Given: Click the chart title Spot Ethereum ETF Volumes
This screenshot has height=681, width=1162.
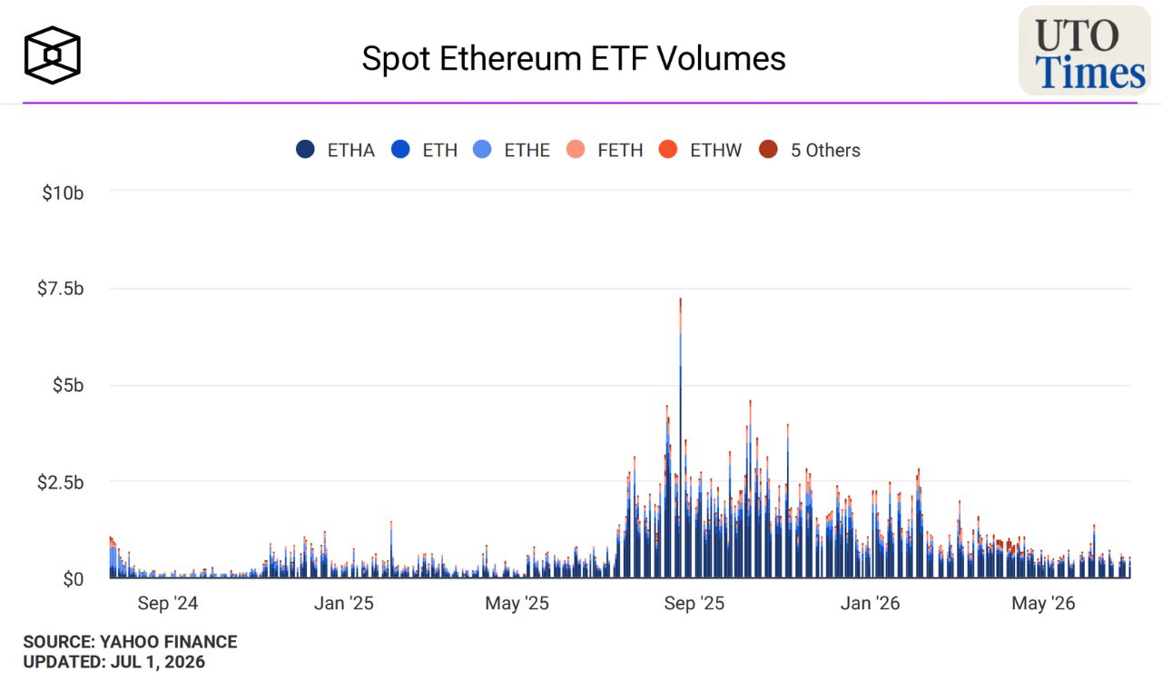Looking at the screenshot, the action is (573, 58).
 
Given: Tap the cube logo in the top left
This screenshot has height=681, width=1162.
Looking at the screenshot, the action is (53, 55).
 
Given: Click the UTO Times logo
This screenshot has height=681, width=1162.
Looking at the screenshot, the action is (1084, 50).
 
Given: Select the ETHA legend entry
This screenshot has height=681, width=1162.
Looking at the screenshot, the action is (335, 150).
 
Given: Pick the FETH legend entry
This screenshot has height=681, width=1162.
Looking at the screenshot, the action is (605, 150).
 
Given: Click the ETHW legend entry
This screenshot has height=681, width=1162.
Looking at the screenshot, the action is (700, 150).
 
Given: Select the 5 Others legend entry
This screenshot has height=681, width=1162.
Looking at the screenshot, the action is (809, 150).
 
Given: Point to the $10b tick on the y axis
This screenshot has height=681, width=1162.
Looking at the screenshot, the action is (63, 193).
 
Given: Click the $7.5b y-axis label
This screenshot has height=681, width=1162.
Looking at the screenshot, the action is (60, 289).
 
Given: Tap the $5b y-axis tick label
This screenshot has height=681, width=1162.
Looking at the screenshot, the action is (68, 385).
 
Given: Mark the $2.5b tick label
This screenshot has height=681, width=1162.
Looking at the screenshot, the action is (60, 483).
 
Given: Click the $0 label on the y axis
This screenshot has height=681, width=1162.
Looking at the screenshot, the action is (74, 578).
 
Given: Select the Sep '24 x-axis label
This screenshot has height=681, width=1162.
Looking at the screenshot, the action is (168, 603).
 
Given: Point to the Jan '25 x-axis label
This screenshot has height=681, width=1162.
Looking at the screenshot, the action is (344, 603).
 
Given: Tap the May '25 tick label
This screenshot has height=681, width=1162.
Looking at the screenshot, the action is (517, 603).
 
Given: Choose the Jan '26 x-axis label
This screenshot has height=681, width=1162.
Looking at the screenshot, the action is (870, 603).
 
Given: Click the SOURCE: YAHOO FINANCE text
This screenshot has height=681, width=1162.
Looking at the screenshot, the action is (130, 642).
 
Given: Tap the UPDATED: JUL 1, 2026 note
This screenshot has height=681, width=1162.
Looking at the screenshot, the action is (114, 662).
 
